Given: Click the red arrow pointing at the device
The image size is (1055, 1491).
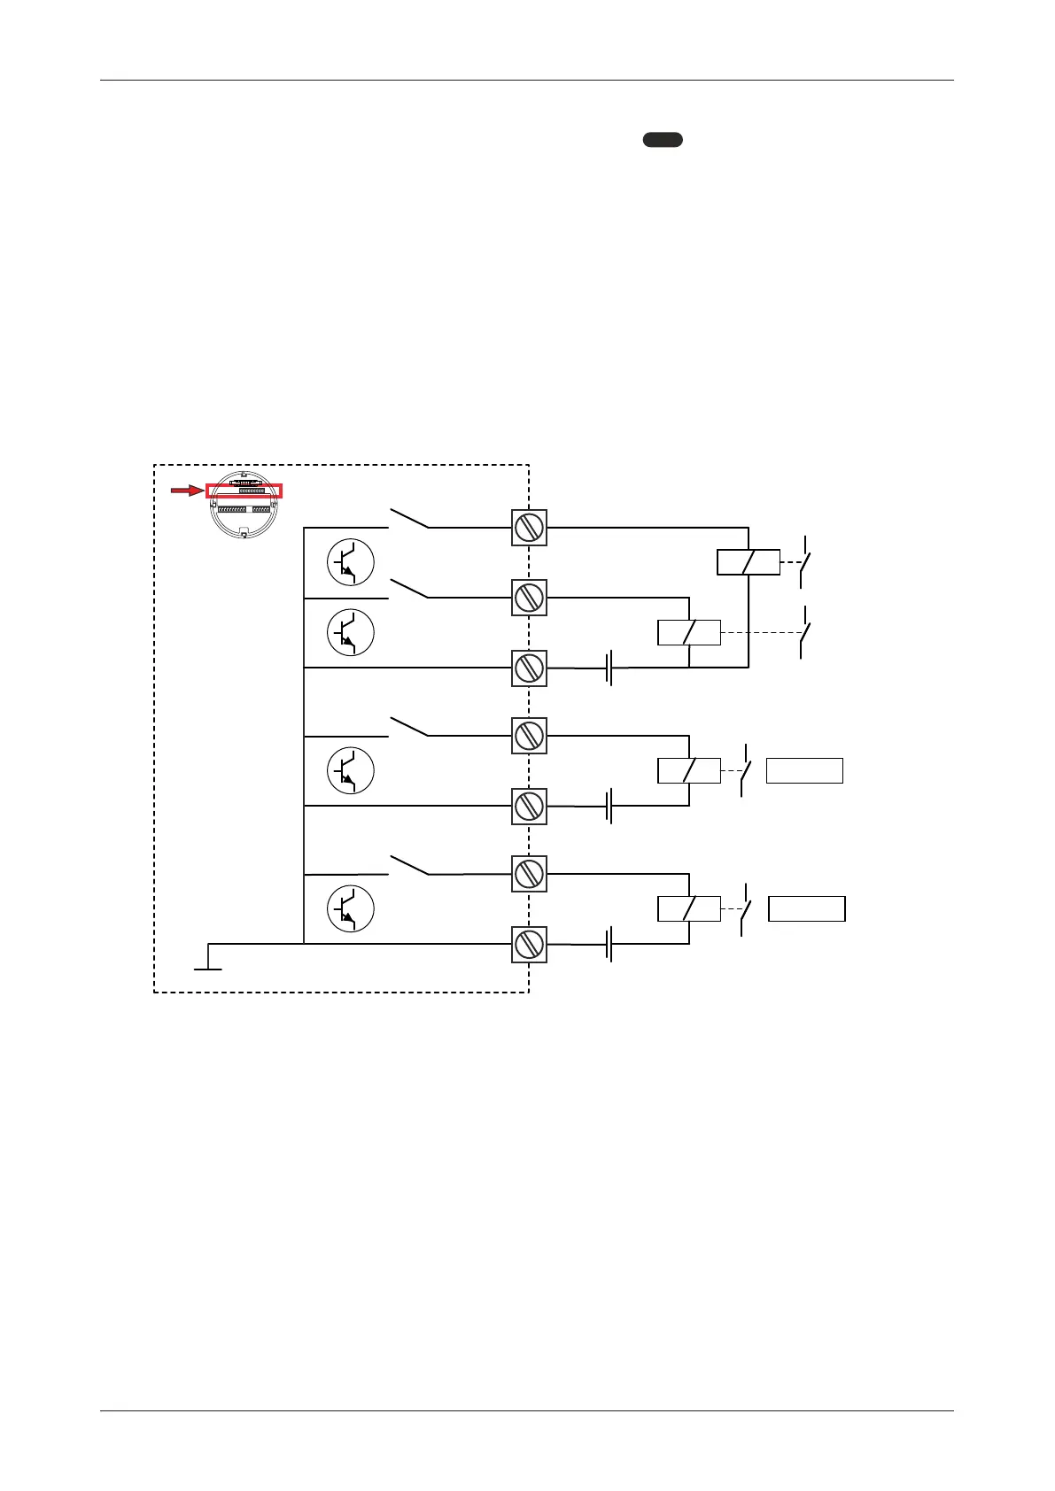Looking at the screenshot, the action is click(x=187, y=491).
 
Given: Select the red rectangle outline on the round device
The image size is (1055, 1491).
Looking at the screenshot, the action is click(x=244, y=491).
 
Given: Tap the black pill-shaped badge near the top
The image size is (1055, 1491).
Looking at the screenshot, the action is click(x=663, y=139).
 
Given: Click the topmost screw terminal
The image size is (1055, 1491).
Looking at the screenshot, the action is click(x=529, y=528).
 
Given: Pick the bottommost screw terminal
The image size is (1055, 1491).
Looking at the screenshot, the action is click(x=529, y=944).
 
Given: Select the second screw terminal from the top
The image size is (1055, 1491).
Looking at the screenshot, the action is click(x=529, y=598).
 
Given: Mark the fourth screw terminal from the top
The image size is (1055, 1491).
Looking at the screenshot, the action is click(x=529, y=736).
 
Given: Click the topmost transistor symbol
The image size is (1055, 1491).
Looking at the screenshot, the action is click(x=351, y=563).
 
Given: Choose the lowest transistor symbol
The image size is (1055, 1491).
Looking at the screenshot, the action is click(x=351, y=909).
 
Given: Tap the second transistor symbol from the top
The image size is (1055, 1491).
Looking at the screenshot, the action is click(x=351, y=632).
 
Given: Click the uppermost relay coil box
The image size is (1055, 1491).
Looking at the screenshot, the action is click(x=748, y=562).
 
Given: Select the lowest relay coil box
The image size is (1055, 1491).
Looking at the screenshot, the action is click(x=689, y=909).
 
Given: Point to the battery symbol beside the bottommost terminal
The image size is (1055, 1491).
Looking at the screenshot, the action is click(x=609, y=944).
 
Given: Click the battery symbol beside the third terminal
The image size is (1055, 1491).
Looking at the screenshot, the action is click(x=609, y=668).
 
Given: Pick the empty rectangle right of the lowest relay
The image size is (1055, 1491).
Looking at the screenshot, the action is click(x=806, y=909).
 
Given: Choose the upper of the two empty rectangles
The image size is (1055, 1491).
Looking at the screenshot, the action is click(x=804, y=771).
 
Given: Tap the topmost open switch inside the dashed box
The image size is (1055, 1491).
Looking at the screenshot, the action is click(x=409, y=518).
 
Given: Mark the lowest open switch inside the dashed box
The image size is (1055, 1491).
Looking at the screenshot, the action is click(x=409, y=864).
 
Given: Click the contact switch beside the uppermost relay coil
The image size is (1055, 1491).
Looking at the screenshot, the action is click(x=804, y=561).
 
